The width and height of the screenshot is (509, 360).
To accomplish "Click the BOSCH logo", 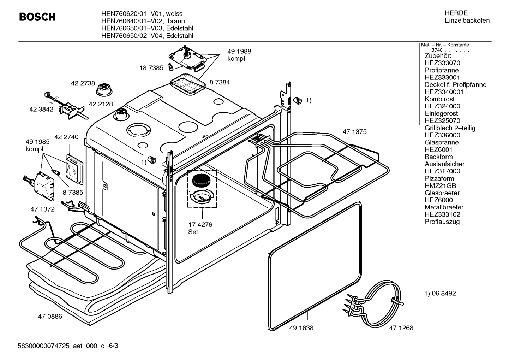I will pos(37,17).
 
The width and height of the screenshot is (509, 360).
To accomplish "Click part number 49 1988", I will pos(239,52).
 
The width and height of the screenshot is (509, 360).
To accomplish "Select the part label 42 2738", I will pos(83,83).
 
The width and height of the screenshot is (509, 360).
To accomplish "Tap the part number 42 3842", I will pos(41,110).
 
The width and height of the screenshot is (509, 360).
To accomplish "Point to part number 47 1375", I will pos(354,132).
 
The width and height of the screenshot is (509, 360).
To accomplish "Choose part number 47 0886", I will pos(50,317).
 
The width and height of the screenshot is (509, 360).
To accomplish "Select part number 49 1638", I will pos(301,328).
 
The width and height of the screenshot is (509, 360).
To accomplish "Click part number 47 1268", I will pos(401,328).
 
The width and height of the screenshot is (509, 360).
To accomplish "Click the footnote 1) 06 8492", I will pos(440,293).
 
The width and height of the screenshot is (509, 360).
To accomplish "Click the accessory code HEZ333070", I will pos(442,63).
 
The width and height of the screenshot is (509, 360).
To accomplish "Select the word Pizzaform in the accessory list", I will pos(439,178).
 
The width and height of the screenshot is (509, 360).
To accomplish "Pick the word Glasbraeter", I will pos(442,193).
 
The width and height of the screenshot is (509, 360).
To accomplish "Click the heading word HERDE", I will pos(456,13).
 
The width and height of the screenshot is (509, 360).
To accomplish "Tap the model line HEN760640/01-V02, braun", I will pos(143,21).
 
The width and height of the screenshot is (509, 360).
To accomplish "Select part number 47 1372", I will pos(42,209).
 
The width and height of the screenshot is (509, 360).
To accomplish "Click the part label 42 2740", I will pos(66,137).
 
